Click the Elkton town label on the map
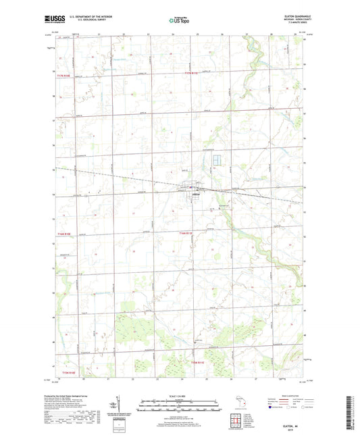(x=191, y=195)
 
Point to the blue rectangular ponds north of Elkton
(x=216, y=160)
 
